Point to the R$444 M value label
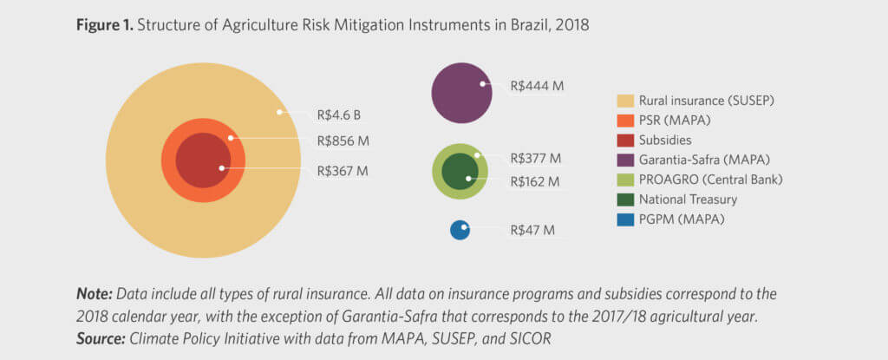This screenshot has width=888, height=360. point(538,86)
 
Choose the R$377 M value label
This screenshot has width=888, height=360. point(536,158)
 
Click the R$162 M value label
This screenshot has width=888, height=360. point(536,181)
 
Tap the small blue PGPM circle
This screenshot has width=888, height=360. point(460,230)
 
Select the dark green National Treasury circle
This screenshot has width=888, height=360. point(460,171)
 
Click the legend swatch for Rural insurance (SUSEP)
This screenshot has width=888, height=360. point(624,101)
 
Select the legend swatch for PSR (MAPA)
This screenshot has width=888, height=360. point(624,121)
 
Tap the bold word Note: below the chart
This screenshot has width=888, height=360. point(95,293)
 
